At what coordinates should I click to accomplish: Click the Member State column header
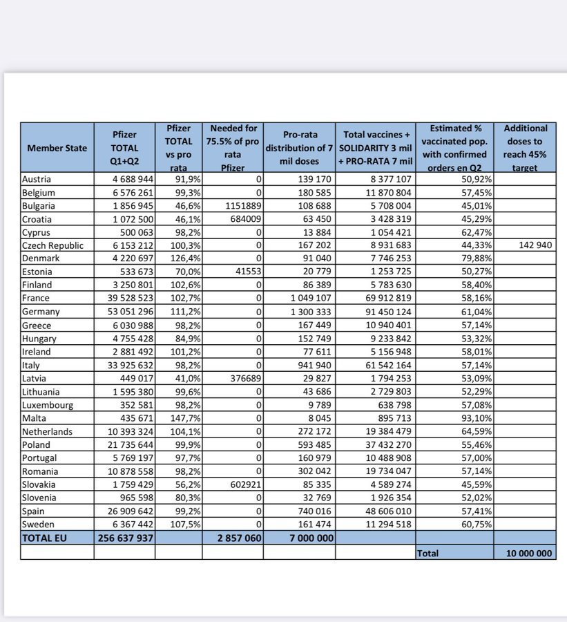[x=57, y=148]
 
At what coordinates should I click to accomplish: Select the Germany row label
[x=41, y=312]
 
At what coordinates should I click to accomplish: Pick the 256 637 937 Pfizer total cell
[x=124, y=538]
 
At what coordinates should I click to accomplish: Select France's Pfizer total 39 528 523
[x=124, y=299]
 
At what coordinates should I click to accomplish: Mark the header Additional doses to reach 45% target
[x=526, y=148]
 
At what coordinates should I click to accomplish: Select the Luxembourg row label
[x=49, y=405]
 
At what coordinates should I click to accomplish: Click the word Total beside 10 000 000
[x=428, y=553]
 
